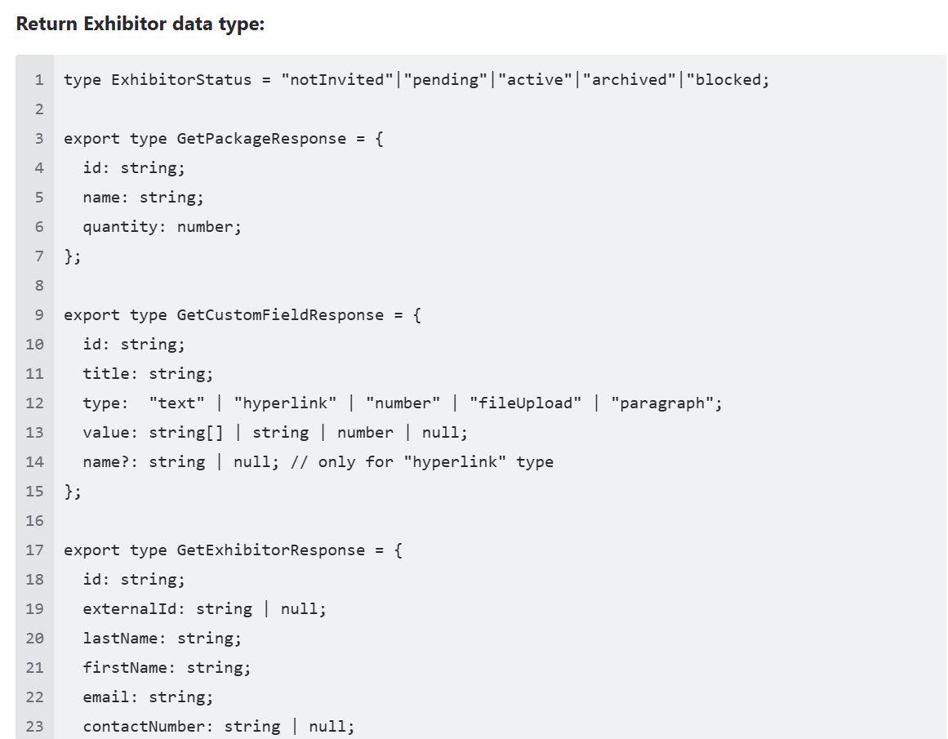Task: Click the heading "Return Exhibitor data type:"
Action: (x=140, y=24)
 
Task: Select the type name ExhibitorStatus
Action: (x=181, y=79)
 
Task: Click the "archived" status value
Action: (x=630, y=79)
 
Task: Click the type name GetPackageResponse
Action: (x=261, y=139)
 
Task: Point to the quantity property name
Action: (x=120, y=227)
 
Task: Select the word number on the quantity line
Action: (x=204, y=227)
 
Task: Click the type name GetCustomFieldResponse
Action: (x=280, y=315)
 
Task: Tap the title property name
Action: (x=106, y=374)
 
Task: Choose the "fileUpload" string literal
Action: (x=525, y=403)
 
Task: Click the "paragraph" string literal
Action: (x=662, y=403)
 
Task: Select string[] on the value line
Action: (x=186, y=433)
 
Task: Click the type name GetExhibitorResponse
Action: (x=271, y=550)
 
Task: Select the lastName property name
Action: (x=120, y=638)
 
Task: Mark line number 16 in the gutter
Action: (x=34, y=521)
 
